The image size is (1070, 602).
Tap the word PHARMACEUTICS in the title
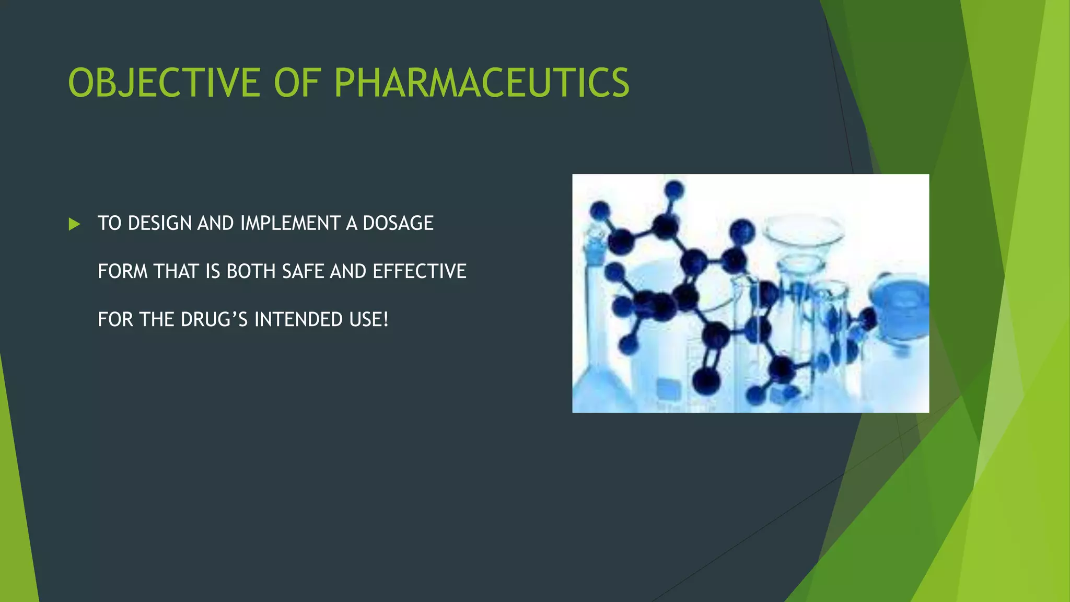point(481,83)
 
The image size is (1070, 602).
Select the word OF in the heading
point(296,83)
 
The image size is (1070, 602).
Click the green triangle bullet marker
point(74,224)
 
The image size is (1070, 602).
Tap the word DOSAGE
point(398,223)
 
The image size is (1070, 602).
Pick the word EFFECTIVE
point(419,271)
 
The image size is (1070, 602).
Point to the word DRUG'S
point(214,319)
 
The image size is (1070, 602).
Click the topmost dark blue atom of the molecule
point(674,189)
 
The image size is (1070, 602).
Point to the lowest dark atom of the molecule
point(706,380)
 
